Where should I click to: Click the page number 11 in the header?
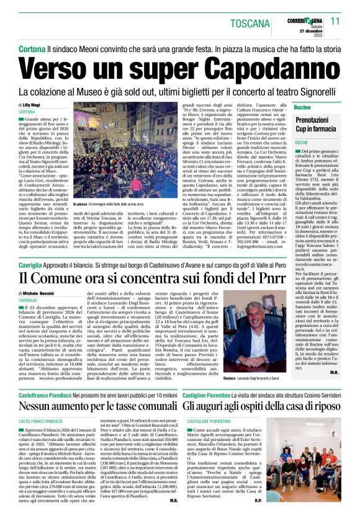[x=336, y=20]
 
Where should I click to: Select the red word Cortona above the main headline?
[x=32, y=48]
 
